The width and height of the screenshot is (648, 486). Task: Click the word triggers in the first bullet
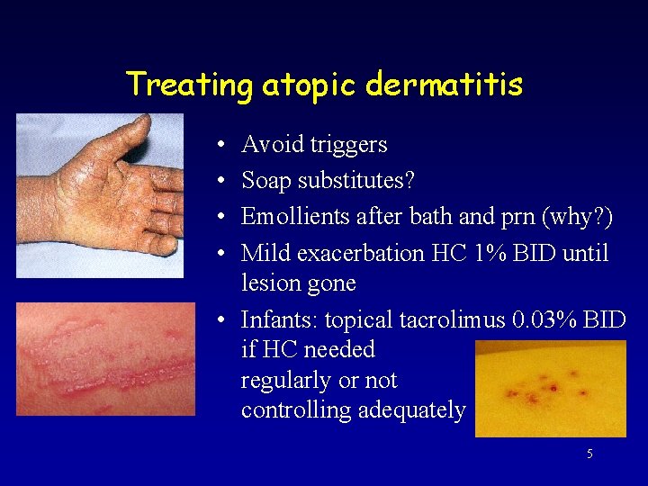[350, 145]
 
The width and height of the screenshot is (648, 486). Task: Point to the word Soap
[266, 181]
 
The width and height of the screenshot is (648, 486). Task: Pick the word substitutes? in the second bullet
[357, 181]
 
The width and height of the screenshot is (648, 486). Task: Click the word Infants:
[279, 319]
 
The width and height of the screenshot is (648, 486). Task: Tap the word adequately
[411, 410]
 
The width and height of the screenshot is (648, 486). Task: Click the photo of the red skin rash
[105, 359]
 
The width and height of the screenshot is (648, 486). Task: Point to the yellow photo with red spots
[550, 388]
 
